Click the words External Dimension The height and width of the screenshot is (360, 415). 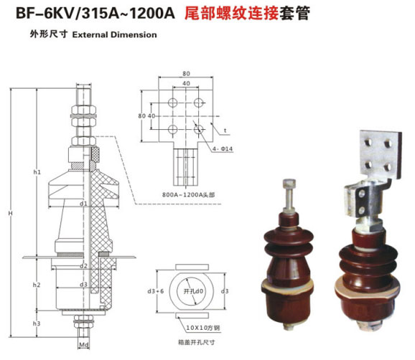pos(114,34)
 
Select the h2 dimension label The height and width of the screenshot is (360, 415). pos(37,285)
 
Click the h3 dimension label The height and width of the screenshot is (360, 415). pos(37,323)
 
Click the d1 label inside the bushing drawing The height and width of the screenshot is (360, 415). pos(84,204)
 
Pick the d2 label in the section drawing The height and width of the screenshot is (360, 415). pos(84,266)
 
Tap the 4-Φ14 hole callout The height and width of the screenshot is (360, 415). pos(220,148)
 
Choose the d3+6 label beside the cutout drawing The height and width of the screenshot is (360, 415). pos(151,291)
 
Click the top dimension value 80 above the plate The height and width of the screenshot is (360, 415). pos(186,73)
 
